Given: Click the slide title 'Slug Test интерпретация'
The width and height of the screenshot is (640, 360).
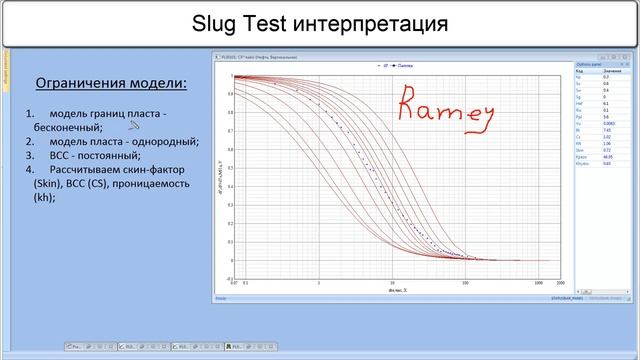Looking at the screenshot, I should point(319,23).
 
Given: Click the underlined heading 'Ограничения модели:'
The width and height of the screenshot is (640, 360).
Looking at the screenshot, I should point(111,82).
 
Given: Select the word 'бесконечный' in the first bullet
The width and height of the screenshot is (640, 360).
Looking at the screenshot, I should point(66,128).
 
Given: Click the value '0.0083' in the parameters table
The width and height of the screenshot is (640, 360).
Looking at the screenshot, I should point(610,122).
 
